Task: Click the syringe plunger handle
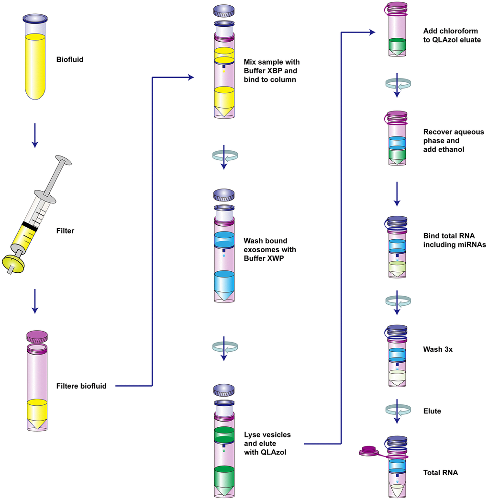click(63, 160)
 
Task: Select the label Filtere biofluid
click(81, 386)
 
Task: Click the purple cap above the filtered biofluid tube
click(36, 335)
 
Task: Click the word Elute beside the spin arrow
click(432, 411)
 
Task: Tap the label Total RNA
click(441, 473)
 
